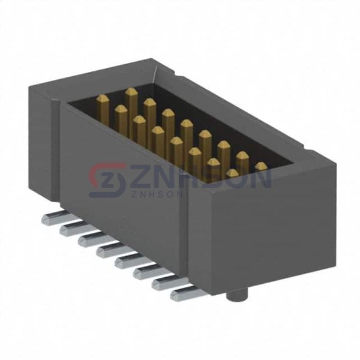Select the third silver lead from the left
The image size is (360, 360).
pyautogui.click(x=91, y=239)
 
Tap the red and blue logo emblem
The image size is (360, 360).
pyautogui.click(x=107, y=180)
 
